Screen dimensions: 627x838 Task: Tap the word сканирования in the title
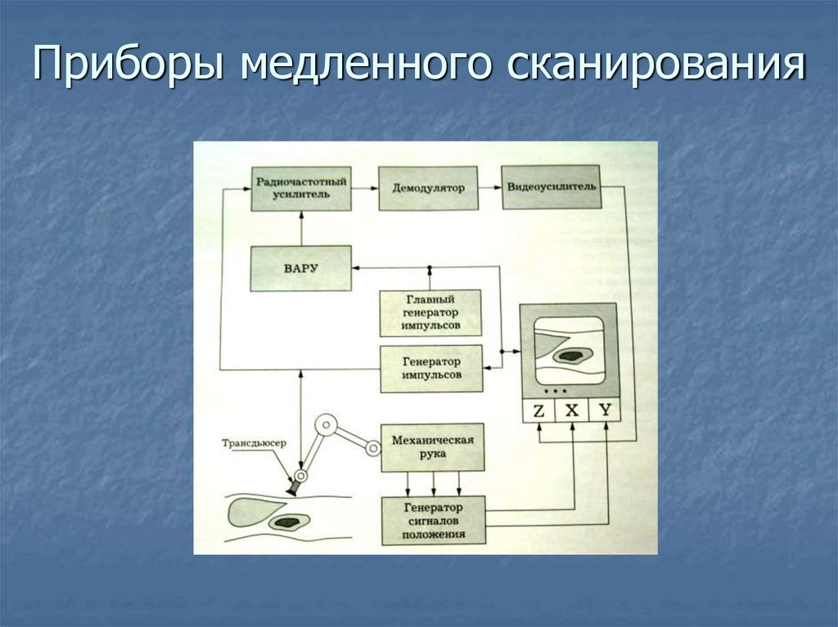[658, 65]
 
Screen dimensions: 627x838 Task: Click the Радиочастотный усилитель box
[300, 188]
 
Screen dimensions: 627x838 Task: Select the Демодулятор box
[427, 188]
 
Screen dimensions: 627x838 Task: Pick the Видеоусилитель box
[551, 187]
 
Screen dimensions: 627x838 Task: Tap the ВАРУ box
[300, 268]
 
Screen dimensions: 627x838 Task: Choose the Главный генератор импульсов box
[430, 313]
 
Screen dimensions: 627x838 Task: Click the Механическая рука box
[432, 447]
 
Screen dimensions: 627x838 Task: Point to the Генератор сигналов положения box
[433, 521]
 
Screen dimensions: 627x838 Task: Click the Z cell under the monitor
[538, 411]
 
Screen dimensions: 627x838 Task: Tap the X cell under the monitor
[572, 411]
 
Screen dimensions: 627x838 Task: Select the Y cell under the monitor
[605, 411]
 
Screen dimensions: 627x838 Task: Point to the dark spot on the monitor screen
[570, 356]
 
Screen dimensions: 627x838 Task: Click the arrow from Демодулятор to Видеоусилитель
[489, 188]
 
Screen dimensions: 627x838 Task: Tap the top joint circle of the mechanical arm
[327, 424]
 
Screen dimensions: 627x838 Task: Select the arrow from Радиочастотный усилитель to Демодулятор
[364, 188]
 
